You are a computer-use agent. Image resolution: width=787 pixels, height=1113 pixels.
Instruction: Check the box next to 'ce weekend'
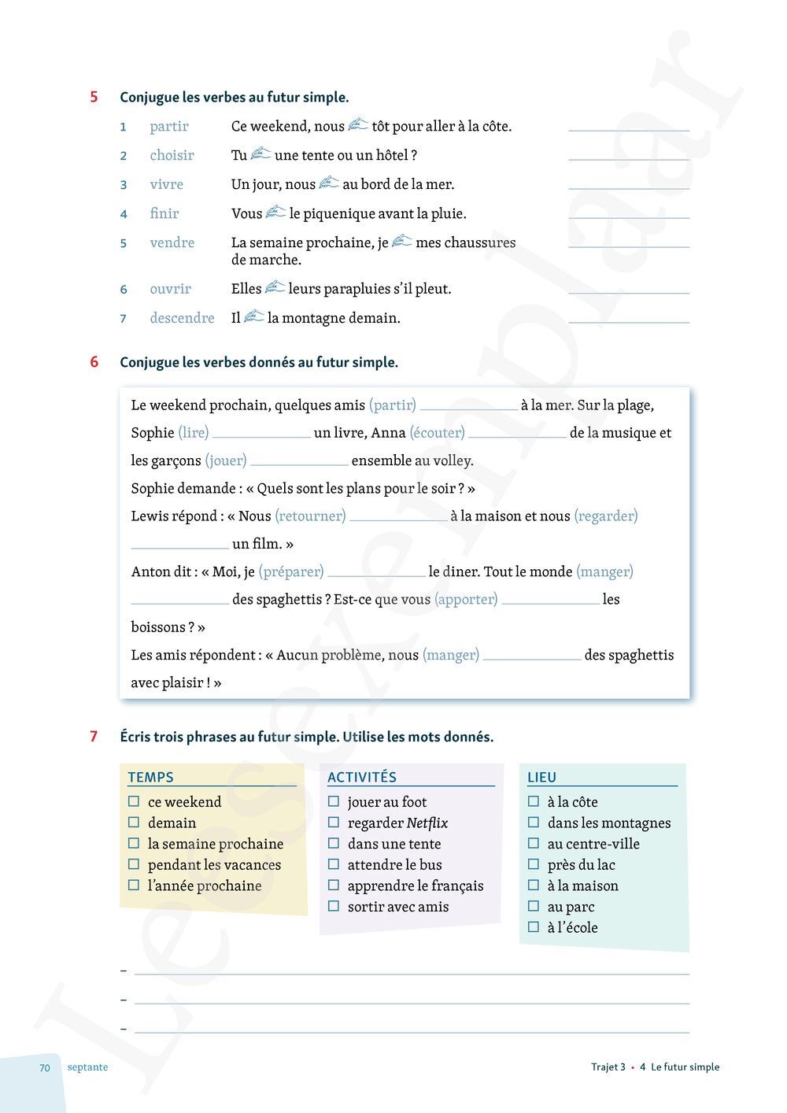coord(134,801)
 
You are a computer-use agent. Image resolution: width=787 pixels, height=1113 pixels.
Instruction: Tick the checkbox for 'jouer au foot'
coord(334,801)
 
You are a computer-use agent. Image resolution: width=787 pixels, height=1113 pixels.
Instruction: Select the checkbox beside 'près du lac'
coord(534,864)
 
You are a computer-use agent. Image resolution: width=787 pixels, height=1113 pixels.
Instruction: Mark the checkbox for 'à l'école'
coord(534,927)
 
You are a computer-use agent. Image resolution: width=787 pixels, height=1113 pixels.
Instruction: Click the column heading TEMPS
coord(150,777)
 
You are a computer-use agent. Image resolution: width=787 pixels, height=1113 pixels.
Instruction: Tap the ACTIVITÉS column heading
coord(362,777)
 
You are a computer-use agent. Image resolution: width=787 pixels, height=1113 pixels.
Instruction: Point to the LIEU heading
coord(541,777)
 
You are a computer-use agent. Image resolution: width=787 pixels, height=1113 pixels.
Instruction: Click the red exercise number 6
coord(94,362)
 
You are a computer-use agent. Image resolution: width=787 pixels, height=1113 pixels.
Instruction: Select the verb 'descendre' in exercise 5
coord(182,318)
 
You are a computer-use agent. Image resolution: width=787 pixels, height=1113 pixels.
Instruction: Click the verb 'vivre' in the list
coord(166,184)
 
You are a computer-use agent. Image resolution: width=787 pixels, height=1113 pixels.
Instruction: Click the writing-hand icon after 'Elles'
coord(275,288)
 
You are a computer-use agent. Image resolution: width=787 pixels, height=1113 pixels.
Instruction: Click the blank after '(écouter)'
coord(517,434)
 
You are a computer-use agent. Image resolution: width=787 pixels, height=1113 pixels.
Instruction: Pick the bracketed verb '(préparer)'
coord(291,571)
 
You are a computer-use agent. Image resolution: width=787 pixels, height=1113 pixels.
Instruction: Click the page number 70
coord(45,1067)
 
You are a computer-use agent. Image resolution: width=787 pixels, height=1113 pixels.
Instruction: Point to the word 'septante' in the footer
coord(87,1067)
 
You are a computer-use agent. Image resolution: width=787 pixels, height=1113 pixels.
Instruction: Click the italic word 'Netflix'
coord(427,823)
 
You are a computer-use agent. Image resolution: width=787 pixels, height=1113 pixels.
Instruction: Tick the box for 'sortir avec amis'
coord(334,906)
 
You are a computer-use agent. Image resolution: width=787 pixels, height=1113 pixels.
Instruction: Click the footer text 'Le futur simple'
coord(685,1067)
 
